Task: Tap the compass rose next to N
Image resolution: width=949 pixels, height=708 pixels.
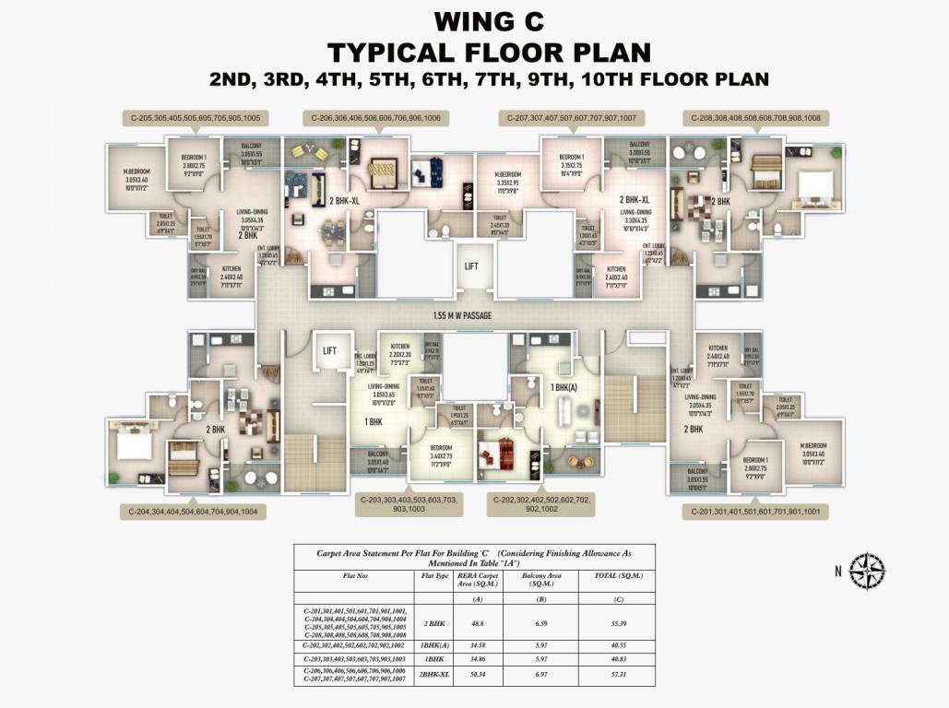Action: click(866, 571)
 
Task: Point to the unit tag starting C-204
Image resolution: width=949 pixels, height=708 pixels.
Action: click(193, 510)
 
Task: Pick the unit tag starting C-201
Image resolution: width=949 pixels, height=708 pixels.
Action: click(755, 512)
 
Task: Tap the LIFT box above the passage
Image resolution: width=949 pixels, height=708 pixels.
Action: click(471, 266)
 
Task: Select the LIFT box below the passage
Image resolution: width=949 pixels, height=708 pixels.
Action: click(329, 350)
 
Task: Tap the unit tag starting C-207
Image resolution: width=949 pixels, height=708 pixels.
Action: click(572, 118)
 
